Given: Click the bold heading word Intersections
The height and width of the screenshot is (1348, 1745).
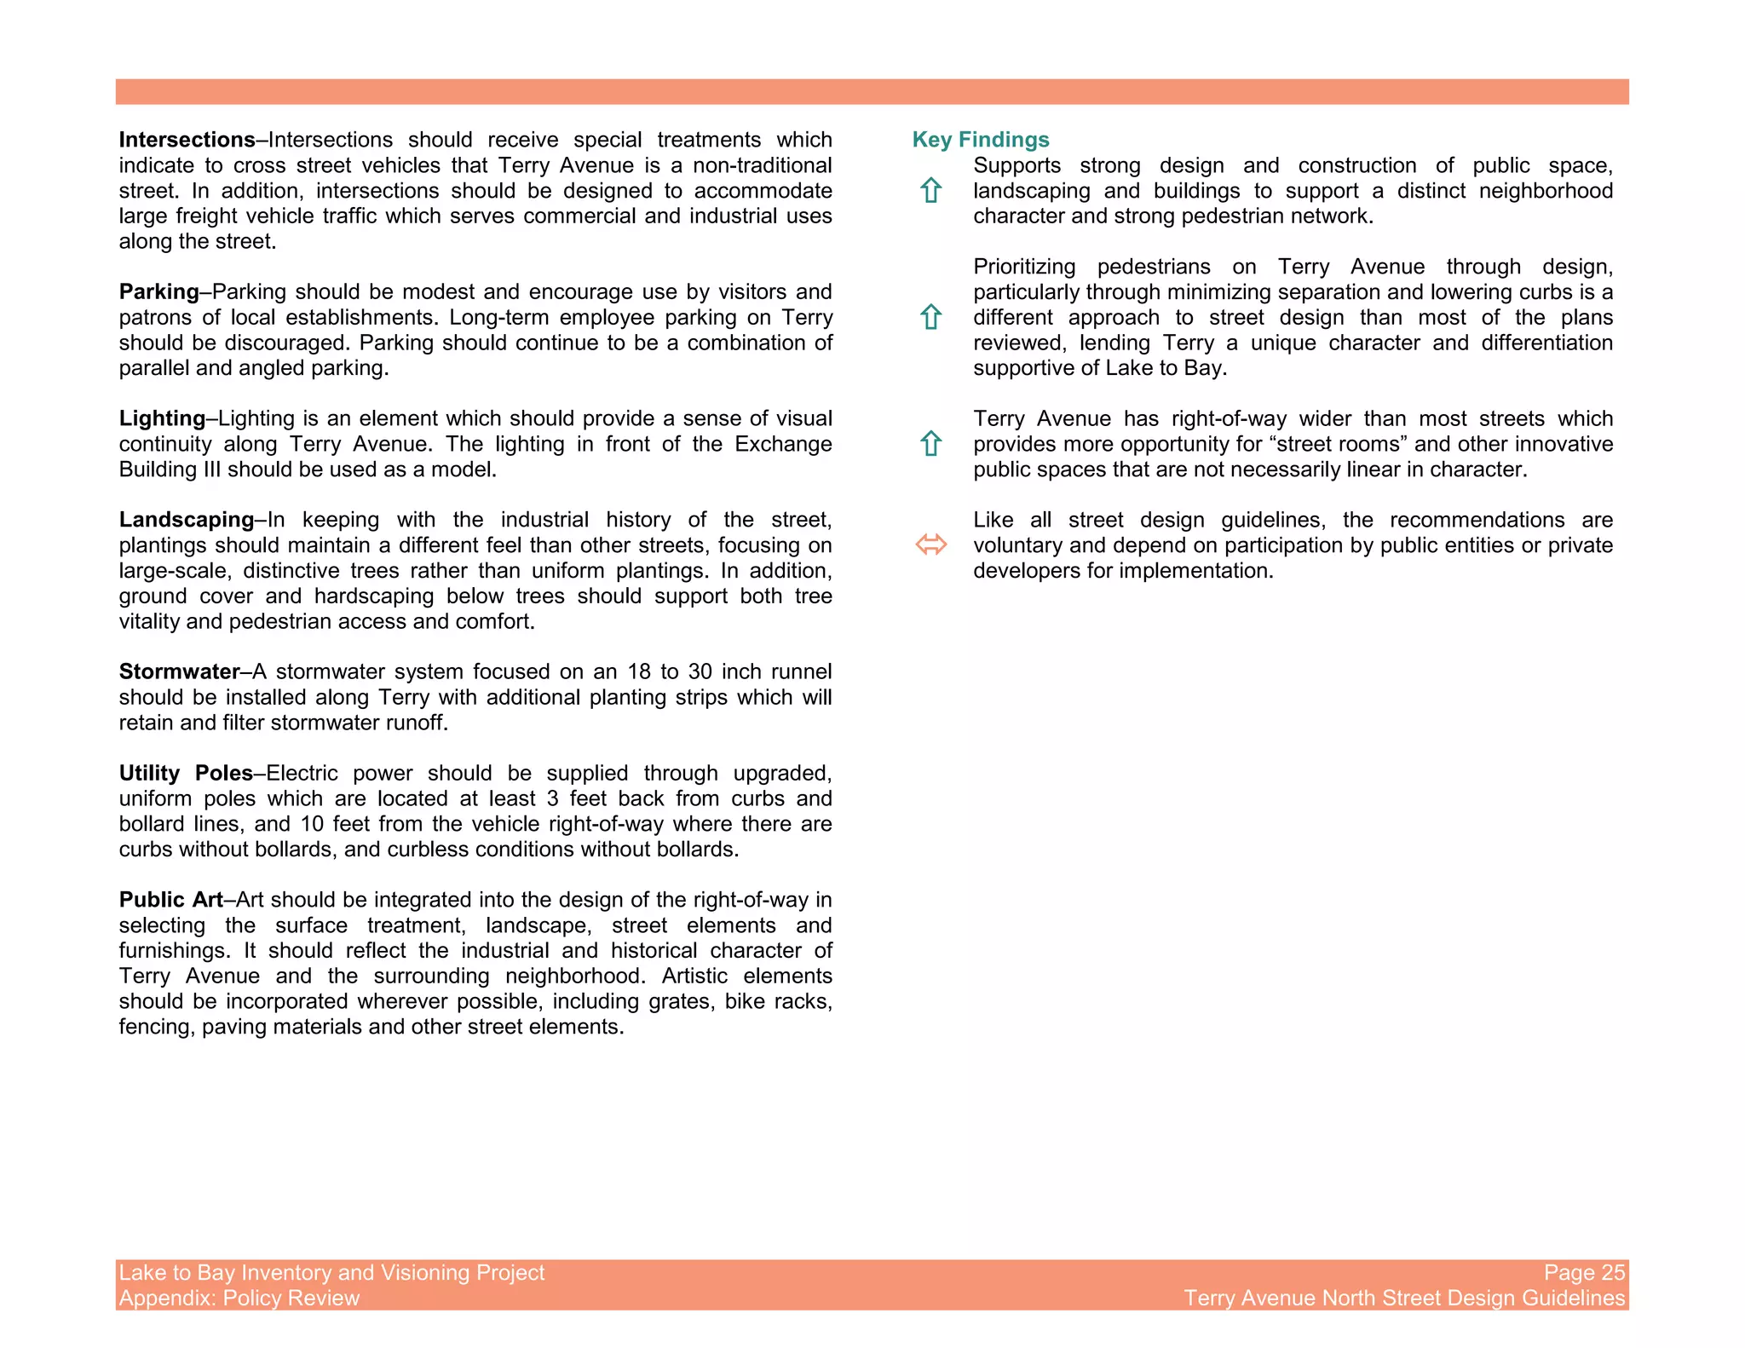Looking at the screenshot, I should [x=187, y=140].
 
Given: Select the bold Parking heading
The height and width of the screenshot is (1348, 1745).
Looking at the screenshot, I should [x=158, y=291].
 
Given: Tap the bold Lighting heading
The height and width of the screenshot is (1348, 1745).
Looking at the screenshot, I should [x=162, y=418].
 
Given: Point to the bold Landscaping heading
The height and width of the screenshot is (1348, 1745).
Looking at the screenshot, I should [x=187, y=520].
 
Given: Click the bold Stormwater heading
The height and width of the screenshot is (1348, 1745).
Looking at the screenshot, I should [x=179, y=671].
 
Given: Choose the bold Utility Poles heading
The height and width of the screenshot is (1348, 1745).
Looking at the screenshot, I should [x=186, y=773].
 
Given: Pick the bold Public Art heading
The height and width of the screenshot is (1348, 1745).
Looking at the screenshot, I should [x=170, y=900].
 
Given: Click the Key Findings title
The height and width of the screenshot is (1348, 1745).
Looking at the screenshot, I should [x=980, y=140].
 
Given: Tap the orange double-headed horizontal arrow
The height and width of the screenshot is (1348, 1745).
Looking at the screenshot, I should [x=930, y=544].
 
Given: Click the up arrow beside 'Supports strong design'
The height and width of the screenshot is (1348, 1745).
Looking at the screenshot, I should [x=930, y=190].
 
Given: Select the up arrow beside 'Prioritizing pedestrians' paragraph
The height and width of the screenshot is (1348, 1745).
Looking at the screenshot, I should [x=930, y=317].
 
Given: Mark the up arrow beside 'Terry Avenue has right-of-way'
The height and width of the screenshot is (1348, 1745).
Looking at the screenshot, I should [x=930, y=443].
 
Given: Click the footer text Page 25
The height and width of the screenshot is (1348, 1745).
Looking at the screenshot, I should [x=1584, y=1272].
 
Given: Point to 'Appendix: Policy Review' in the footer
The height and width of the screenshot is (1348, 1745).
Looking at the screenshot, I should [x=239, y=1298].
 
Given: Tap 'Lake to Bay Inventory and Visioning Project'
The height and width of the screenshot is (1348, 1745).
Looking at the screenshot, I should [x=331, y=1272].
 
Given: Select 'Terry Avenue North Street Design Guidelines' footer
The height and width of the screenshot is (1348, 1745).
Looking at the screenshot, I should [x=1404, y=1298].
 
